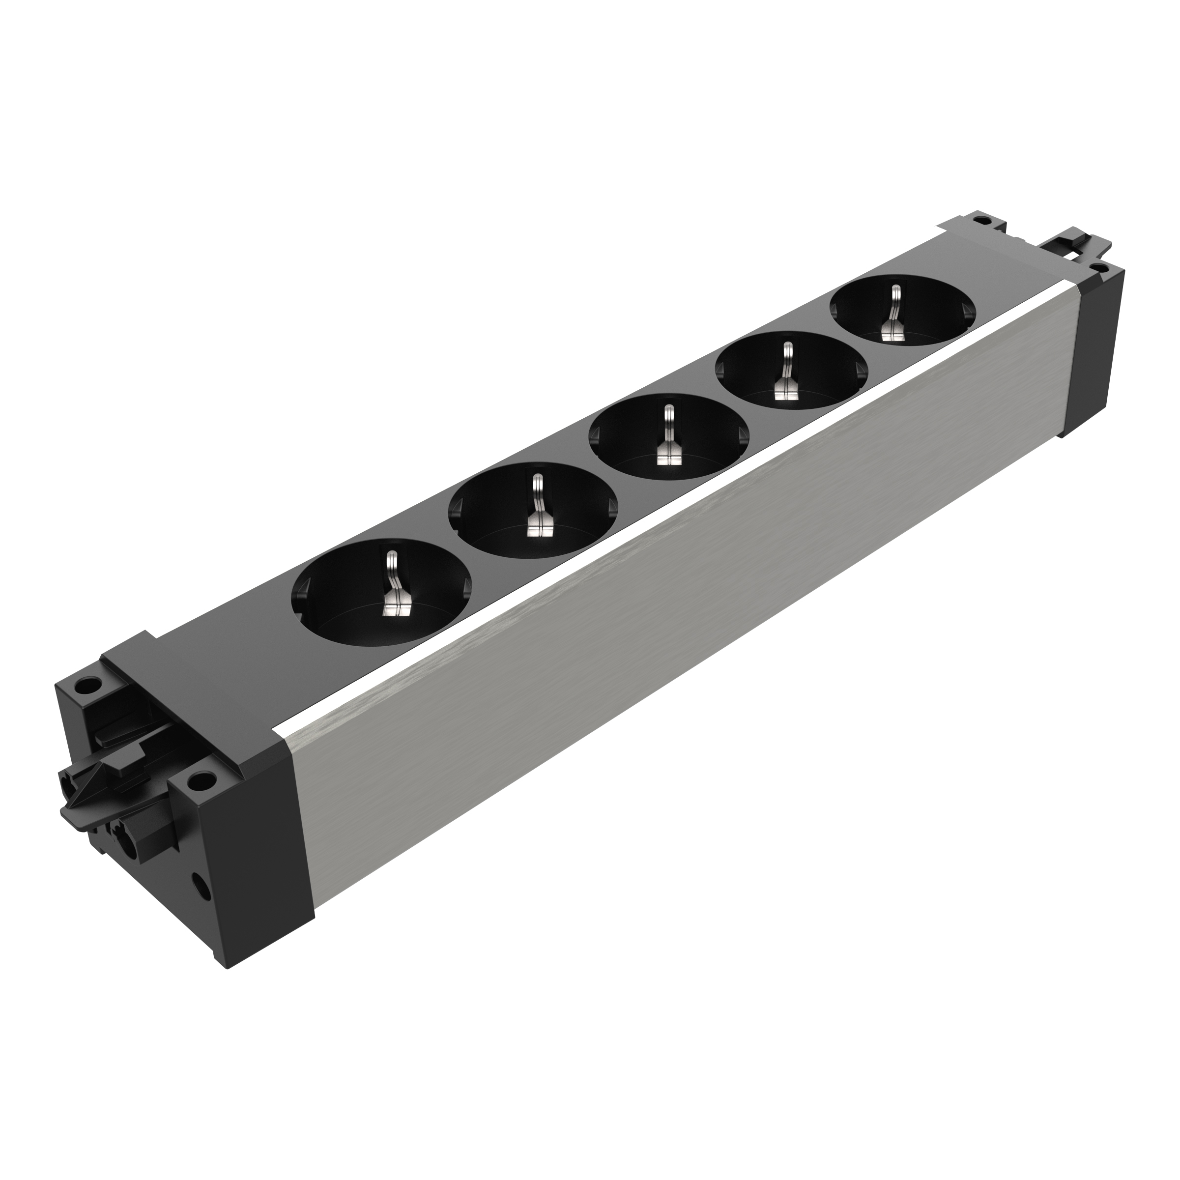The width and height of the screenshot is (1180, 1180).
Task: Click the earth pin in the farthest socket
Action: pyautogui.click(x=894, y=317)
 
